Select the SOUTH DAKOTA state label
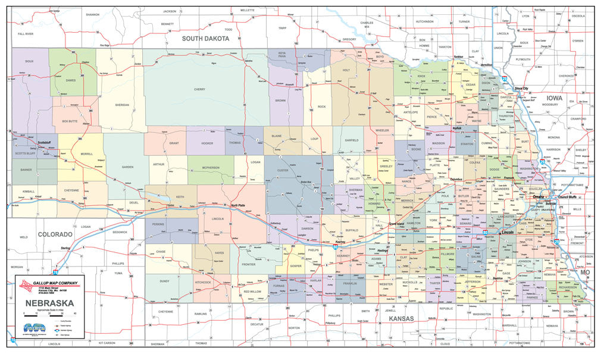pyautogui.click(x=205, y=39)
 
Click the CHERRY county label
pyautogui.click(x=199, y=89)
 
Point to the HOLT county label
pyautogui.click(x=362, y=70)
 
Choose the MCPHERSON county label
pyautogui.click(x=210, y=167)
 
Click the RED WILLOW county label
pyautogui.click(x=252, y=292)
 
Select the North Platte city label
pyautogui.click(x=239, y=205)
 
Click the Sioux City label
pyautogui.click(x=524, y=88)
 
